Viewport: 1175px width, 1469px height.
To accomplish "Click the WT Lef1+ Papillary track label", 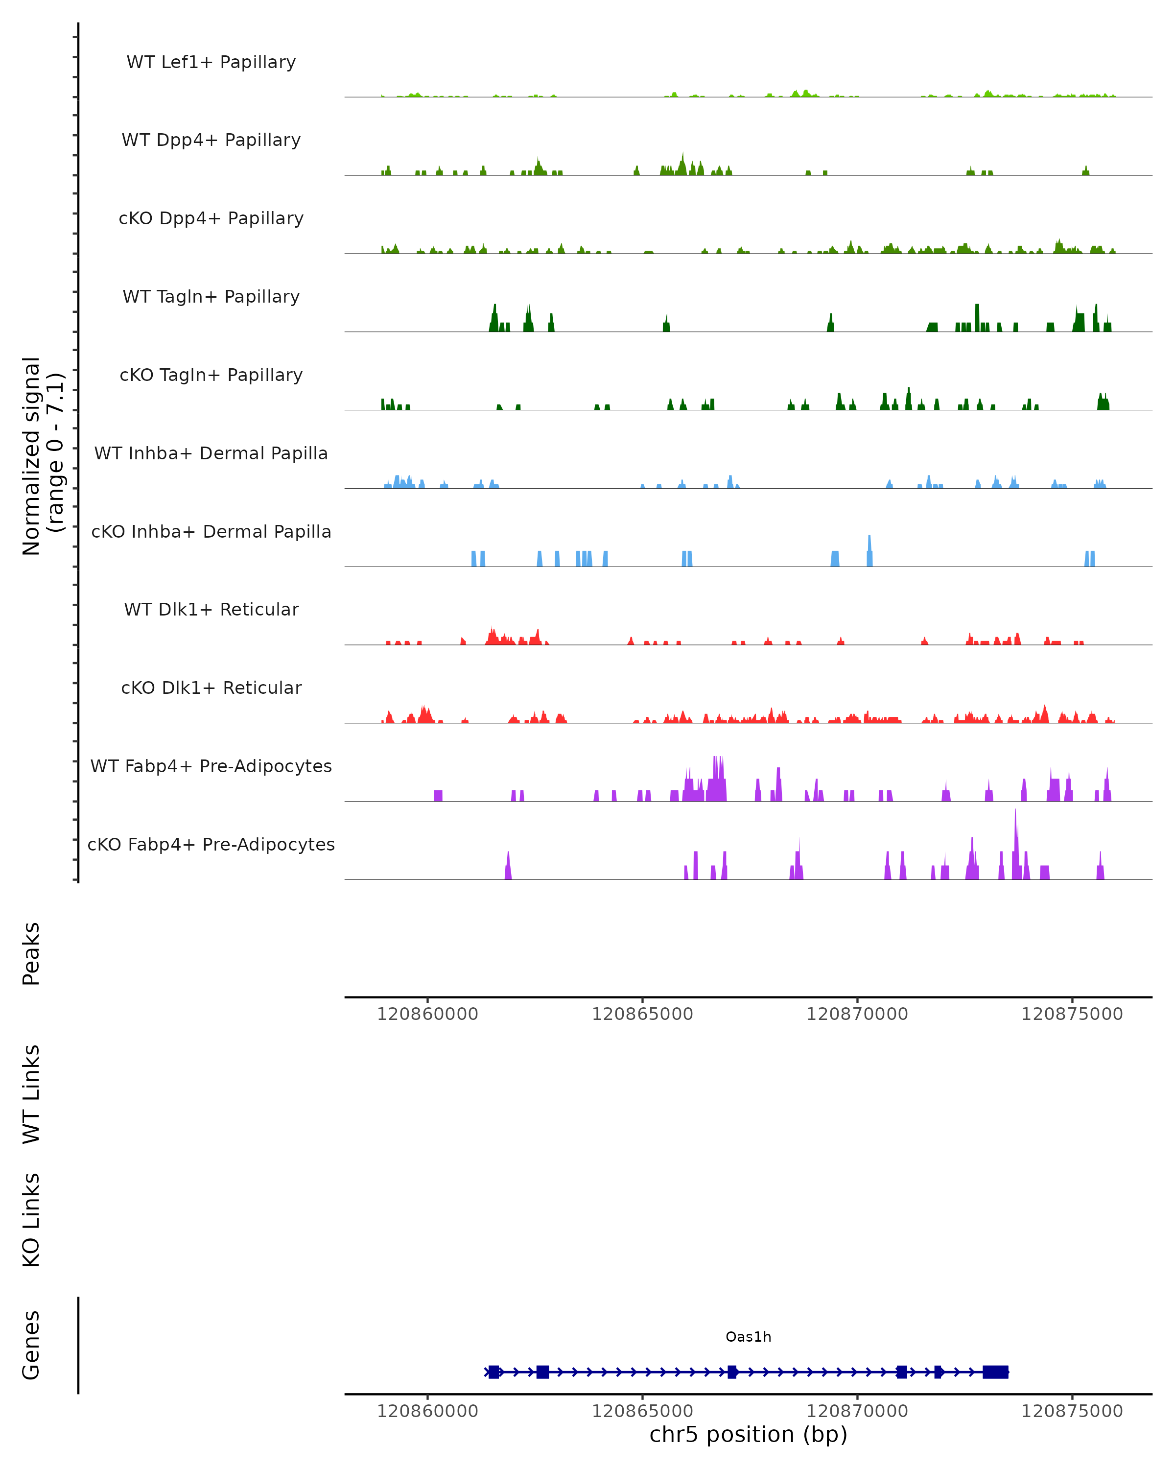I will [211, 62].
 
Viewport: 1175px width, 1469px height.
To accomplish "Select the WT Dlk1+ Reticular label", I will [211, 609].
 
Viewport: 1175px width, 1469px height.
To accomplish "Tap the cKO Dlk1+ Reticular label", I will [211, 687].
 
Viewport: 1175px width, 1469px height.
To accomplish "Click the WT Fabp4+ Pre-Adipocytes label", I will [211, 766].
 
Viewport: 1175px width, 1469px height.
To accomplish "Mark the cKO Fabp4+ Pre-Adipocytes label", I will [211, 844].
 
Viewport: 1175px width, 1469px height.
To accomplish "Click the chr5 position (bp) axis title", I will [748, 1434].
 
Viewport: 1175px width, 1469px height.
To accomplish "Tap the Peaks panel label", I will [31, 953].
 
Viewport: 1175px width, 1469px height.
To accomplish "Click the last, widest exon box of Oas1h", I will [995, 1372].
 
